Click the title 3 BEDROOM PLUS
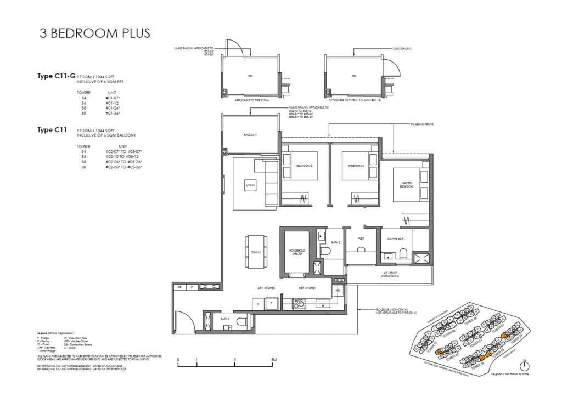94,32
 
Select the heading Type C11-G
55,76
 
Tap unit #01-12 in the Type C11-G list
112,103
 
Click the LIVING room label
251,187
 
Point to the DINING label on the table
256,252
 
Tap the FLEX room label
361,239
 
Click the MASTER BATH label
396,239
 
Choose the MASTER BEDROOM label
407,185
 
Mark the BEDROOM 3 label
305,166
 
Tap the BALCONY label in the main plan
251,135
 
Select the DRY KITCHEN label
266,288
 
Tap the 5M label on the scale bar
274,360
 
